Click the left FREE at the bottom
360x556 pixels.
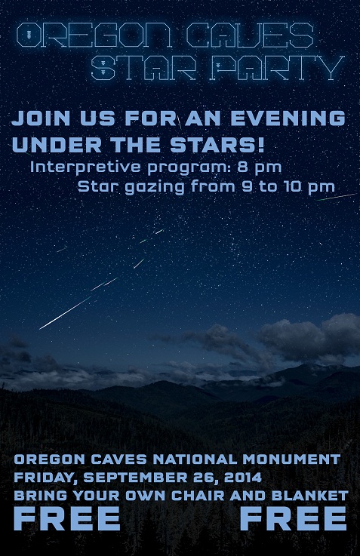point(67,519)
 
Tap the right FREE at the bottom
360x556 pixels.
point(294,519)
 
